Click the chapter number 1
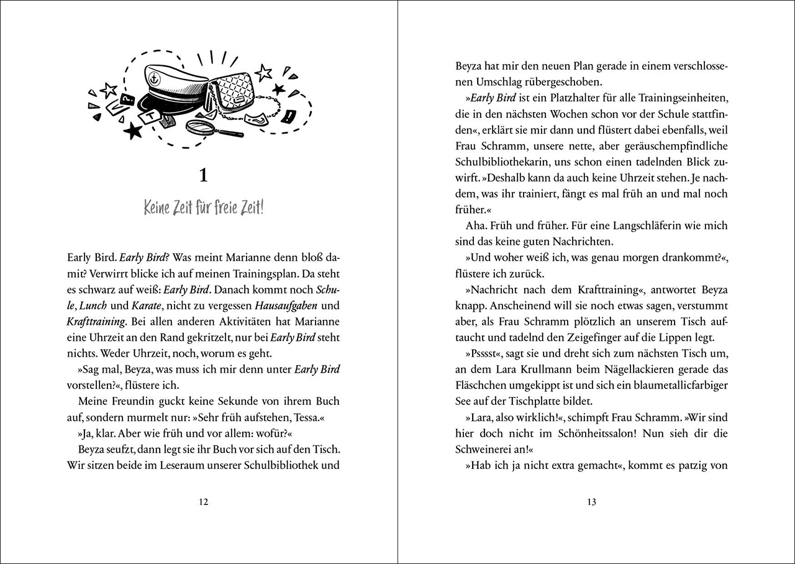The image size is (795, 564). pyautogui.click(x=202, y=176)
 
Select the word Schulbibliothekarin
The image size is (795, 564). pyautogui.click(x=505, y=161)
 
